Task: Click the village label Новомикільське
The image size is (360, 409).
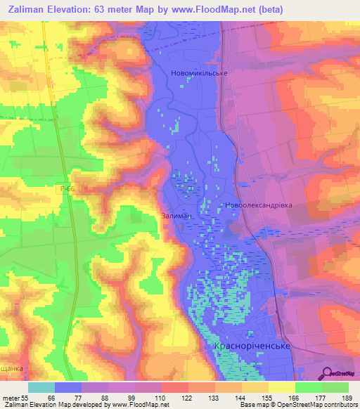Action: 199,73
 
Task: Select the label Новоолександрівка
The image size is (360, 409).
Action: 258,206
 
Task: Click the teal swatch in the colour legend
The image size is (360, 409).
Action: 41,387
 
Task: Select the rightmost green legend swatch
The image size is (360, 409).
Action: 335,387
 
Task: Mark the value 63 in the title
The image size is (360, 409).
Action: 110,10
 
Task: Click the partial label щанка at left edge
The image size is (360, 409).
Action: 11,368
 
